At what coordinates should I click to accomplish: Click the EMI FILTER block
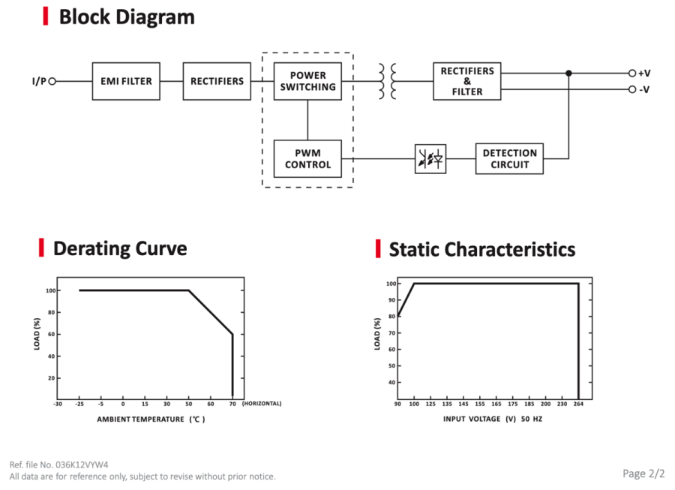pos(126,81)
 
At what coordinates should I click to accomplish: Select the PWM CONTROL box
pos(307,159)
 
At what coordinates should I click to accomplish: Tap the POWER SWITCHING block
pos(307,81)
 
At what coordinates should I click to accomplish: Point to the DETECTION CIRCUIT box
pos(509,159)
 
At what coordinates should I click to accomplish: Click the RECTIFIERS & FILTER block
pos(467,81)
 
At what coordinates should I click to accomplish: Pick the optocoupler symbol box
pos(430,159)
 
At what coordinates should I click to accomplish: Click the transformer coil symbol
pos(388,81)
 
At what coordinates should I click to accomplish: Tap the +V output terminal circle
pos(632,74)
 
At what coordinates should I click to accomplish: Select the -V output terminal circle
pos(632,89)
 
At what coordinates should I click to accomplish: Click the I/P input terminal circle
pos(52,81)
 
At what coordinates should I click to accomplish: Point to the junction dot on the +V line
pos(568,74)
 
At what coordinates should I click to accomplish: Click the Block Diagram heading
pos(127,17)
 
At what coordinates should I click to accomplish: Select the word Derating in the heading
pos(91,248)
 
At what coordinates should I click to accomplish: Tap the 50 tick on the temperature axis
pos(188,404)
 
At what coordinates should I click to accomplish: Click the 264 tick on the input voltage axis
pos(578,404)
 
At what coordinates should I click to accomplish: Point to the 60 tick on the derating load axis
pos(51,334)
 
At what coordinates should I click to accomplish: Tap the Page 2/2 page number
pos(643,473)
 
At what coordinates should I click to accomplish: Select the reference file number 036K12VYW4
pos(82,465)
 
